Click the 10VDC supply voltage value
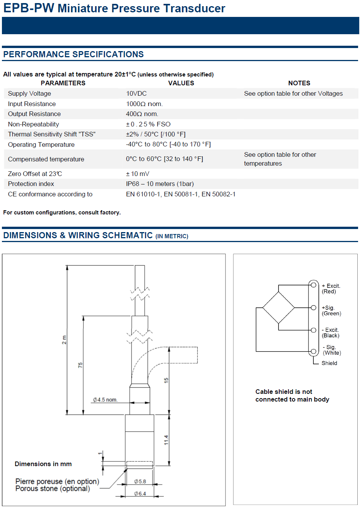(x=136, y=93)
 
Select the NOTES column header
(x=299, y=83)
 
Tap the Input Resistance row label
(x=32, y=104)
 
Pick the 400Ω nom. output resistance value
(x=142, y=114)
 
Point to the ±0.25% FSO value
(x=148, y=124)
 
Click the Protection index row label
(x=31, y=184)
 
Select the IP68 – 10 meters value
(x=160, y=184)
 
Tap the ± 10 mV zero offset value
(x=137, y=174)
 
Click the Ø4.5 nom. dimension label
(x=105, y=400)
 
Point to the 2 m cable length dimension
(x=64, y=340)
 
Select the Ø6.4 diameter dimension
(x=140, y=493)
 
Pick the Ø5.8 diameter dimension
(x=140, y=481)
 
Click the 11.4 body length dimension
(x=166, y=440)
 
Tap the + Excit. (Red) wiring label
(x=331, y=289)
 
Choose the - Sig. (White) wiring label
(x=332, y=350)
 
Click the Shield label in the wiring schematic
(x=329, y=363)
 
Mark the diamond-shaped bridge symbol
(x=278, y=307)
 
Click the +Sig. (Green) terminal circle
(x=313, y=308)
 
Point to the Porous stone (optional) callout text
(x=53, y=489)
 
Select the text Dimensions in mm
(x=43, y=464)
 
